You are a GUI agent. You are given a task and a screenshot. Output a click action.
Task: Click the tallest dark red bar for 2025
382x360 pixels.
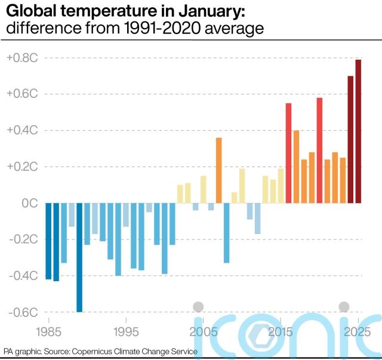coord(358,131)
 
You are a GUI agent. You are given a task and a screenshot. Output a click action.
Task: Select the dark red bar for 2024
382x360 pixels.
coord(350,140)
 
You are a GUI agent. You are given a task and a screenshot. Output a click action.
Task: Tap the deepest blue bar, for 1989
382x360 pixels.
coord(79,257)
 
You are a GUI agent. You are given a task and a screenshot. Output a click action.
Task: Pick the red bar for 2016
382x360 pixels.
coord(288,153)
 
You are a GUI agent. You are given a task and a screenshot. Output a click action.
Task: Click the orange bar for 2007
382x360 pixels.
coord(218,170)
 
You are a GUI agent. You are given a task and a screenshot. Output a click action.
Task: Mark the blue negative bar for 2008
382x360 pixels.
coord(226,233)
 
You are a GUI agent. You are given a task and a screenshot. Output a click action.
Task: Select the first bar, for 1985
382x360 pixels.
coord(48,241)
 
